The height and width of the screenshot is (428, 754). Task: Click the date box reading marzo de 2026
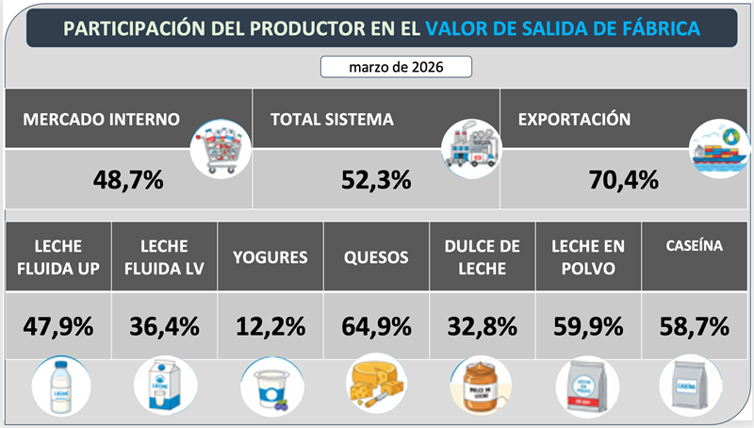click(x=396, y=67)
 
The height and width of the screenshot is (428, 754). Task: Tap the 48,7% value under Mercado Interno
click(x=129, y=177)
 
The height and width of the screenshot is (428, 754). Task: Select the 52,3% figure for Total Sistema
click(x=376, y=177)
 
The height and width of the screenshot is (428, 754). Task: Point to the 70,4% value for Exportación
click(x=623, y=177)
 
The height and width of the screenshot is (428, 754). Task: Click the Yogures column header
click(x=270, y=257)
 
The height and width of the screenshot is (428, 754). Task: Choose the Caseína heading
click(x=693, y=246)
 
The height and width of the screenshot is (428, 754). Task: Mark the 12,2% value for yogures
click(x=270, y=326)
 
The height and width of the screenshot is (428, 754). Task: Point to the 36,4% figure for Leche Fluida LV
click(x=164, y=326)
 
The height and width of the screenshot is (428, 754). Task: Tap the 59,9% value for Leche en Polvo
click(x=587, y=326)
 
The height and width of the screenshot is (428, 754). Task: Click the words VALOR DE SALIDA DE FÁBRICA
click(x=563, y=28)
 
